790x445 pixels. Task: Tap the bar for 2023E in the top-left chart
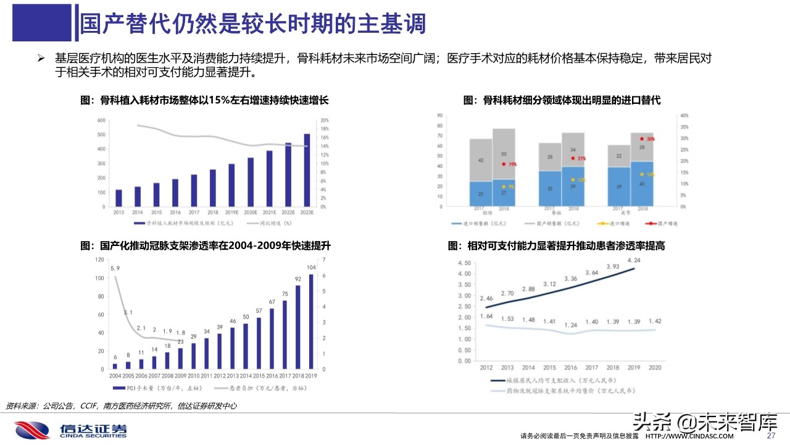[x=307, y=172]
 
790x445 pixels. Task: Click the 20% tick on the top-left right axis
[x=324, y=120]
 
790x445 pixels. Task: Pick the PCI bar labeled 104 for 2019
[x=310, y=321]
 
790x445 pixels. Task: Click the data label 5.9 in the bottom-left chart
[x=115, y=268]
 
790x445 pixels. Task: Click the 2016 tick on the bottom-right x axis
[x=570, y=367]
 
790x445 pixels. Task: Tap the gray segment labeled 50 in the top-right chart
[x=504, y=154]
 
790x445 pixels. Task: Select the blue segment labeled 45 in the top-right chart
[x=642, y=184]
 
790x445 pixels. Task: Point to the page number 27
[x=770, y=436]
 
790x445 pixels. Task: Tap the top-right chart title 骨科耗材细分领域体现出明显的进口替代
[x=562, y=100]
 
